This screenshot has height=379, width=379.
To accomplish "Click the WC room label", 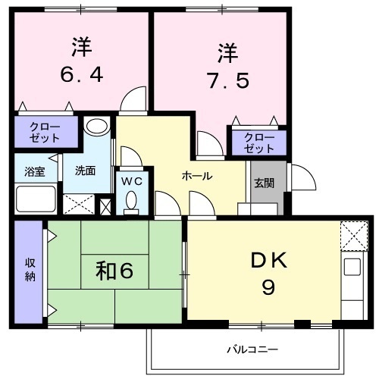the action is pos(132,181).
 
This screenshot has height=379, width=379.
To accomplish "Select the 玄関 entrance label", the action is pos(265,183).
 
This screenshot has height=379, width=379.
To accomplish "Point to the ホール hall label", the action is pos(197,176).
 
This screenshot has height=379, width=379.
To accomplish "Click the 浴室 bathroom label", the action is pos(35,172).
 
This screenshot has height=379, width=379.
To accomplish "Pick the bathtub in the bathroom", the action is pos(36,199).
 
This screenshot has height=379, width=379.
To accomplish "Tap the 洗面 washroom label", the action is pos(85,171).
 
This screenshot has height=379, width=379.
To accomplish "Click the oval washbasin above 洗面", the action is pos(97,126).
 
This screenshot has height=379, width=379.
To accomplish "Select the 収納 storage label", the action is pos(30,270).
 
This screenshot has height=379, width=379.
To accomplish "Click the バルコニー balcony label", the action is pos(252,349).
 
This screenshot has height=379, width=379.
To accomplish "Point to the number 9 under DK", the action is pos(268,288).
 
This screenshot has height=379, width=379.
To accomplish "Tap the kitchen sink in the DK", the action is pos(352,267).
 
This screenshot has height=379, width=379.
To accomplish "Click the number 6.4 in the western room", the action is pos(82,74).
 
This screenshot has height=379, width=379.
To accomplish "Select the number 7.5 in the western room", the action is pos(228,80).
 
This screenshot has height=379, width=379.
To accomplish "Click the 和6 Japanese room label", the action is pos(114,271).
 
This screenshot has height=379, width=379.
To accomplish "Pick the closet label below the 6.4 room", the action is pos(45,133).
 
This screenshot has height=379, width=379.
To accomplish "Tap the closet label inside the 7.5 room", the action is pos(259,143).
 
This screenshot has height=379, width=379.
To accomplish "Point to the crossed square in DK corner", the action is pos(354,236).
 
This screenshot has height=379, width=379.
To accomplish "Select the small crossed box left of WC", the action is pos(105,206).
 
